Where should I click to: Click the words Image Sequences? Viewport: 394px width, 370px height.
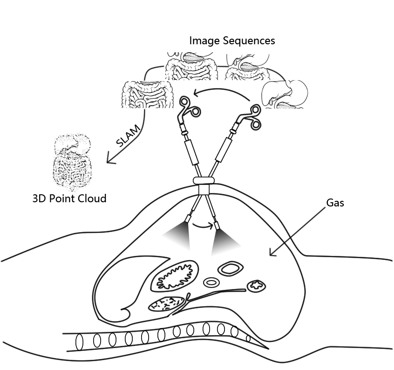click(232, 41)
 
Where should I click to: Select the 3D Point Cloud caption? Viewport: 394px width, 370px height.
click(69, 199)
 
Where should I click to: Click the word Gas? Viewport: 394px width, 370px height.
click(335, 203)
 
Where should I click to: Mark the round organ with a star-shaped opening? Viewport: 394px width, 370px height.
click(256, 286)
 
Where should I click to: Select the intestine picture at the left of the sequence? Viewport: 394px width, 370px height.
click(144, 94)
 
